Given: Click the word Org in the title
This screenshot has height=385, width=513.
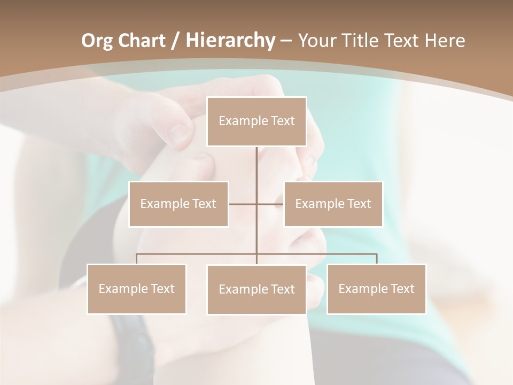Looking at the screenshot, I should [x=97, y=41].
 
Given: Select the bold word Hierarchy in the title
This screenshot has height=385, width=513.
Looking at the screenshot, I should [x=230, y=41].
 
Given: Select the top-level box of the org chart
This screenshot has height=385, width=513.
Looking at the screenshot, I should [x=256, y=121].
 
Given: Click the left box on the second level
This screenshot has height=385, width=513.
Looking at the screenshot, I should [x=178, y=204].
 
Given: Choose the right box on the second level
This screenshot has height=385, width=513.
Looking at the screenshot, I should [x=333, y=204].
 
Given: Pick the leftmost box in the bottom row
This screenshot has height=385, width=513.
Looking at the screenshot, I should [x=137, y=289].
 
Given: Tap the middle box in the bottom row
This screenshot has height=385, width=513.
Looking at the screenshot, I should [x=256, y=289].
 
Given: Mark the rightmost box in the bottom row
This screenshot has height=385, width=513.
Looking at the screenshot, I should [x=376, y=289].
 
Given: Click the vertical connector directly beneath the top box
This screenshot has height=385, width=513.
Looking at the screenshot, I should [x=256, y=166].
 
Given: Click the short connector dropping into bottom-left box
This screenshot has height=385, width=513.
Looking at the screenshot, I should [x=137, y=259].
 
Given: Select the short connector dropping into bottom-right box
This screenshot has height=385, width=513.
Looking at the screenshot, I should [x=376, y=259].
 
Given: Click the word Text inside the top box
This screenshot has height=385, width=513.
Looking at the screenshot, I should [x=282, y=121].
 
